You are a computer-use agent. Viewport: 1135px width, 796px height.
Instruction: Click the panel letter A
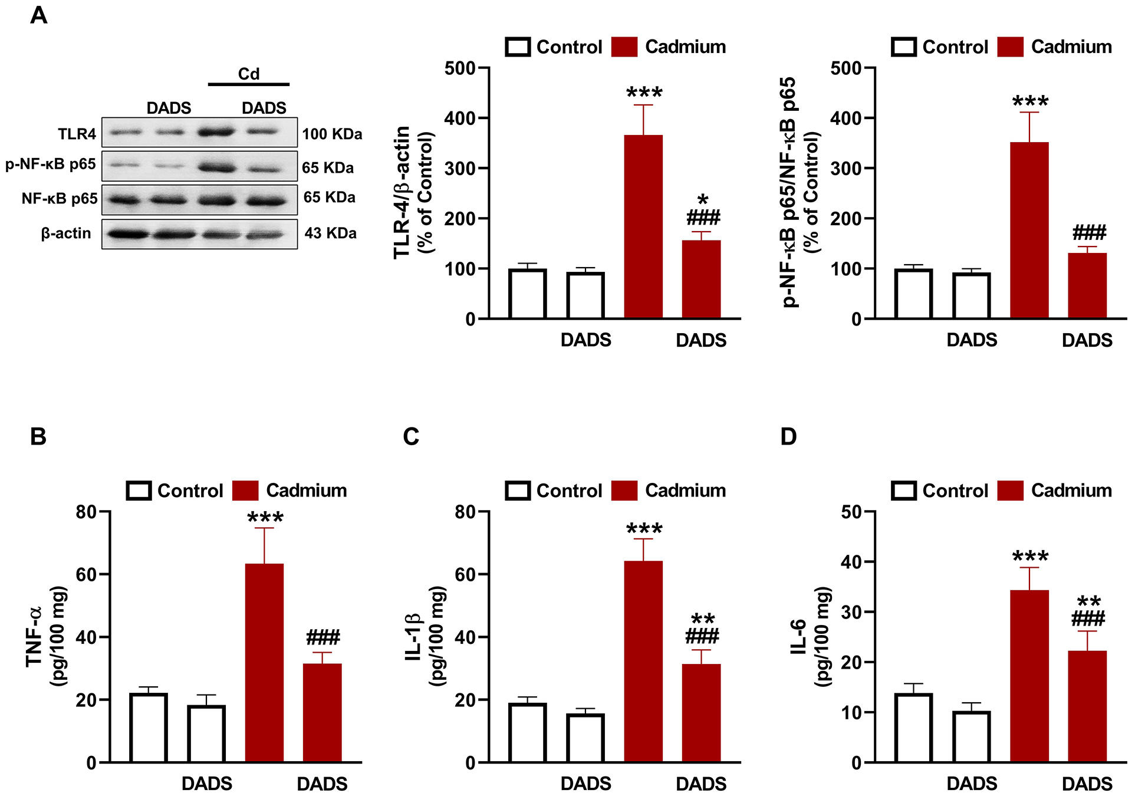coord(39,15)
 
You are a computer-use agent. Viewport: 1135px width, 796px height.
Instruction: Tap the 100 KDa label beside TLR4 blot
coord(332,134)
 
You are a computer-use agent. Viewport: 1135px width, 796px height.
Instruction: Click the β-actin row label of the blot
coord(66,233)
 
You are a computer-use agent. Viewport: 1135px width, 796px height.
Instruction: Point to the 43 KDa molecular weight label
coord(330,233)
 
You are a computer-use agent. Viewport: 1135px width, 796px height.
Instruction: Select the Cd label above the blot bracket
coord(248,74)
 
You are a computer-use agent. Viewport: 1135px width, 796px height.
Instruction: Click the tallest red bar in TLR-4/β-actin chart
coord(643,227)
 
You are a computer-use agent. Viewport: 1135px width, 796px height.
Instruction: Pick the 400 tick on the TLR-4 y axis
coord(460,119)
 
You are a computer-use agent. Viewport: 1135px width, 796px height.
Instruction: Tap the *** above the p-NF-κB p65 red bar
coord(1030,101)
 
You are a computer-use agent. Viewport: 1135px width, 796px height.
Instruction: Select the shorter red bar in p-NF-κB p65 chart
coord(1087,286)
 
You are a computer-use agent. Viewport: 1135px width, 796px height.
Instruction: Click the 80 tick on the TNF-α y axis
coord(86,512)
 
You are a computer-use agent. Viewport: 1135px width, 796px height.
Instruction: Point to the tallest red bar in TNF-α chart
coord(264,663)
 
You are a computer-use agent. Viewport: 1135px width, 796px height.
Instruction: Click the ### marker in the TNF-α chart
coord(323,637)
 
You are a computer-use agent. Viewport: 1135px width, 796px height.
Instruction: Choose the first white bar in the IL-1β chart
coord(527,732)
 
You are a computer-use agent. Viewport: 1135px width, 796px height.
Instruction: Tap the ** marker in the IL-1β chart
coord(702,619)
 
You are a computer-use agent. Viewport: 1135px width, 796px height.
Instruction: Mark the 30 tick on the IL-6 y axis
coord(851,612)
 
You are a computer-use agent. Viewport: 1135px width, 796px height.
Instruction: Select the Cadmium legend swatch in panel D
coord(1011,491)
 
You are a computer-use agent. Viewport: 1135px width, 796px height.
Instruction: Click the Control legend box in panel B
coord(139,491)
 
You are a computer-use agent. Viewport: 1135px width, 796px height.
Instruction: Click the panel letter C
coord(411,437)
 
